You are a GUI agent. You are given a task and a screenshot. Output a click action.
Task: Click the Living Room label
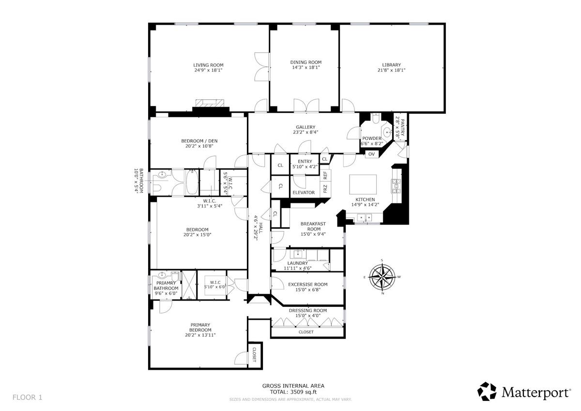click(x=208, y=65)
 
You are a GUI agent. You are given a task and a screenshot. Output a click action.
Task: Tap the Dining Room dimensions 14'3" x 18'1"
click(x=306, y=67)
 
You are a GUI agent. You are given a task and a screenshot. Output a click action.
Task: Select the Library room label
click(x=391, y=65)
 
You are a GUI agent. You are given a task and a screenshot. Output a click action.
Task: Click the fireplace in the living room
click(x=210, y=103)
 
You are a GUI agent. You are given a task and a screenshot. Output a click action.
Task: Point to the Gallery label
click(x=306, y=127)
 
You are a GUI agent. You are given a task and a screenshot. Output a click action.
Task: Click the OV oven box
click(x=371, y=154)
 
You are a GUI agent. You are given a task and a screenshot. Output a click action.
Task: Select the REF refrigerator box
click(x=325, y=175)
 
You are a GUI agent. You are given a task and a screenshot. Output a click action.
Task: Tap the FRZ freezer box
click(x=325, y=188)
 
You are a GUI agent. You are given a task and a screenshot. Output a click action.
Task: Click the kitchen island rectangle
click(x=363, y=184)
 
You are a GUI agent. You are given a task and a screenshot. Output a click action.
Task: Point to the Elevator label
click(x=304, y=192)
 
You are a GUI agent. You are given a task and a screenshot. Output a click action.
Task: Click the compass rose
click(x=382, y=276)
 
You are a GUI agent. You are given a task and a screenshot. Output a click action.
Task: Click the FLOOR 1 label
click(x=27, y=397)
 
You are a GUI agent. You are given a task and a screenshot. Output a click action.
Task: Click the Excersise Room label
click(x=307, y=285)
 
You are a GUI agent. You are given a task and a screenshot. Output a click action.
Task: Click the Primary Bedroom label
click(x=200, y=327)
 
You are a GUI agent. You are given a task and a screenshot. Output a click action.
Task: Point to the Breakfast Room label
click(x=314, y=227)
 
